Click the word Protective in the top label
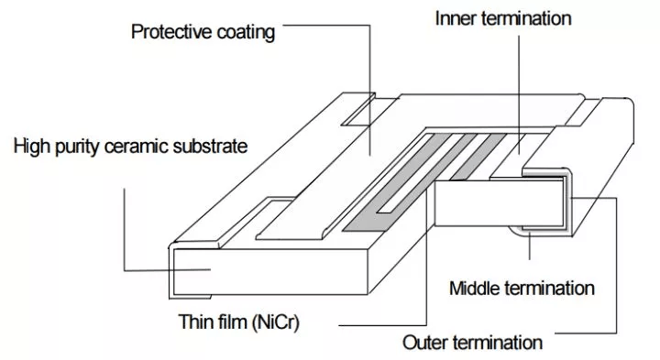(x=171, y=31)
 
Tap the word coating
(x=246, y=33)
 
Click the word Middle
(x=475, y=289)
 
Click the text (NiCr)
(x=276, y=322)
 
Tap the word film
(x=233, y=322)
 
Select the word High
(x=32, y=147)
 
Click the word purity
(x=79, y=147)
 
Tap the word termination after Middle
(x=549, y=289)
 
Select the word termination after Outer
(x=497, y=343)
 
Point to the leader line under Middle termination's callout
(x=530, y=245)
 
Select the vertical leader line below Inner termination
(x=519, y=94)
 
